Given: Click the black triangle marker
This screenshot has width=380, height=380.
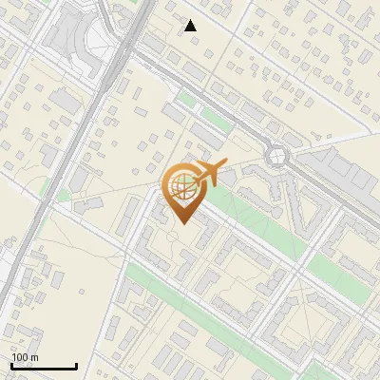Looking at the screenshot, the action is pos(190,26).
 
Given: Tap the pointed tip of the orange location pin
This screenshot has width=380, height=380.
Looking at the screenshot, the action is pos(184,223).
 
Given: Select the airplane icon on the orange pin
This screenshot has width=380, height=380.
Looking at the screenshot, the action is pos(210,173).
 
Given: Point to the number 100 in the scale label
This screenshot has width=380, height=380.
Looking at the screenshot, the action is pos(20,357).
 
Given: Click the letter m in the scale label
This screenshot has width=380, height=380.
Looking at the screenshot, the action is pos(34,357).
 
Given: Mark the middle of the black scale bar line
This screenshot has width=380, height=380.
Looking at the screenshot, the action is pos(44,366).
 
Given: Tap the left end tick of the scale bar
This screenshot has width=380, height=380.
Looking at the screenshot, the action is pos(11,364).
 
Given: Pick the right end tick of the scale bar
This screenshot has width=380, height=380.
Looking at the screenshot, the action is pos(76,364).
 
